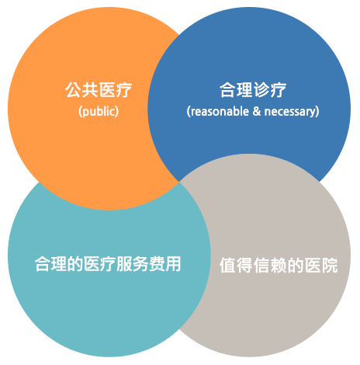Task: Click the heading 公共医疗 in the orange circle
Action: (x=99, y=90)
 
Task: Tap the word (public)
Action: (x=99, y=111)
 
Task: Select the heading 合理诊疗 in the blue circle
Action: (x=253, y=90)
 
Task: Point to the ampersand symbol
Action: (x=257, y=111)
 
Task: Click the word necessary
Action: (x=290, y=112)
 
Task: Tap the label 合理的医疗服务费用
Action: (x=108, y=264)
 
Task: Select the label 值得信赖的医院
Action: (x=279, y=265)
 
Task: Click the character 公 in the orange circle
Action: (x=73, y=90)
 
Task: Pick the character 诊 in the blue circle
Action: (x=261, y=90)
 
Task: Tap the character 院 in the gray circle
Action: (x=330, y=265)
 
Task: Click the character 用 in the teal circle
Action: (x=173, y=264)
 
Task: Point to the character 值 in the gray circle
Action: (x=227, y=265)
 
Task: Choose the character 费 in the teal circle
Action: (x=157, y=264)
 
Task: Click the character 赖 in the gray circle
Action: (x=279, y=265)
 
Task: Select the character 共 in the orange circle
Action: (x=90, y=90)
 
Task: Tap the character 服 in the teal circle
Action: (x=124, y=264)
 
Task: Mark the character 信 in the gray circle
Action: (x=261, y=265)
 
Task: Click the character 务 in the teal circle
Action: (x=140, y=264)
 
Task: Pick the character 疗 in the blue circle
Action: (x=279, y=90)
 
